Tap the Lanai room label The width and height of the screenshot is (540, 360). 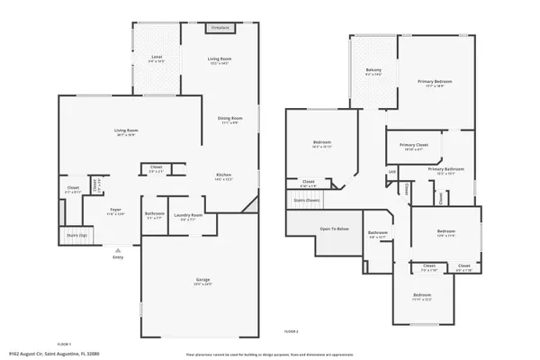pyautogui.click(x=157, y=58)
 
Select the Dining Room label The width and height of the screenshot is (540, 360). pyautogui.click(x=229, y=119)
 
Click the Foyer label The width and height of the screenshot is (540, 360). pyautogui.click(x=115, y=212)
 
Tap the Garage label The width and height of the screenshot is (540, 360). pyautogui.click(x=203, y=281)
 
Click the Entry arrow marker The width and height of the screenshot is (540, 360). pyautogui.click(x=117, y=248)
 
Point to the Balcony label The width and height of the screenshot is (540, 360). pyautogui.click(x=373, y=70)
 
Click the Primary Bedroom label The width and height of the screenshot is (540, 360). pyautogui.click(x=434, y=82)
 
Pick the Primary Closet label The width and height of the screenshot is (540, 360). pyautogui.click(x=414, y=145)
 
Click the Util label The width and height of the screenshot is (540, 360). pyautogui.click(x=392, y=172)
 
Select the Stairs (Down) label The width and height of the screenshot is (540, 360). pyautogui.click(x=308, y=200)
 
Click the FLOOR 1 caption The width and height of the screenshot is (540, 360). pyautogui.click(x=64, y=343)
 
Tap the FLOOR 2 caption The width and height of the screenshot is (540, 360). pyautogui.click(x=291, y=332)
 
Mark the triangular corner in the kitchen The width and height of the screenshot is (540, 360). pyautogui.click(x=251, y=209)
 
